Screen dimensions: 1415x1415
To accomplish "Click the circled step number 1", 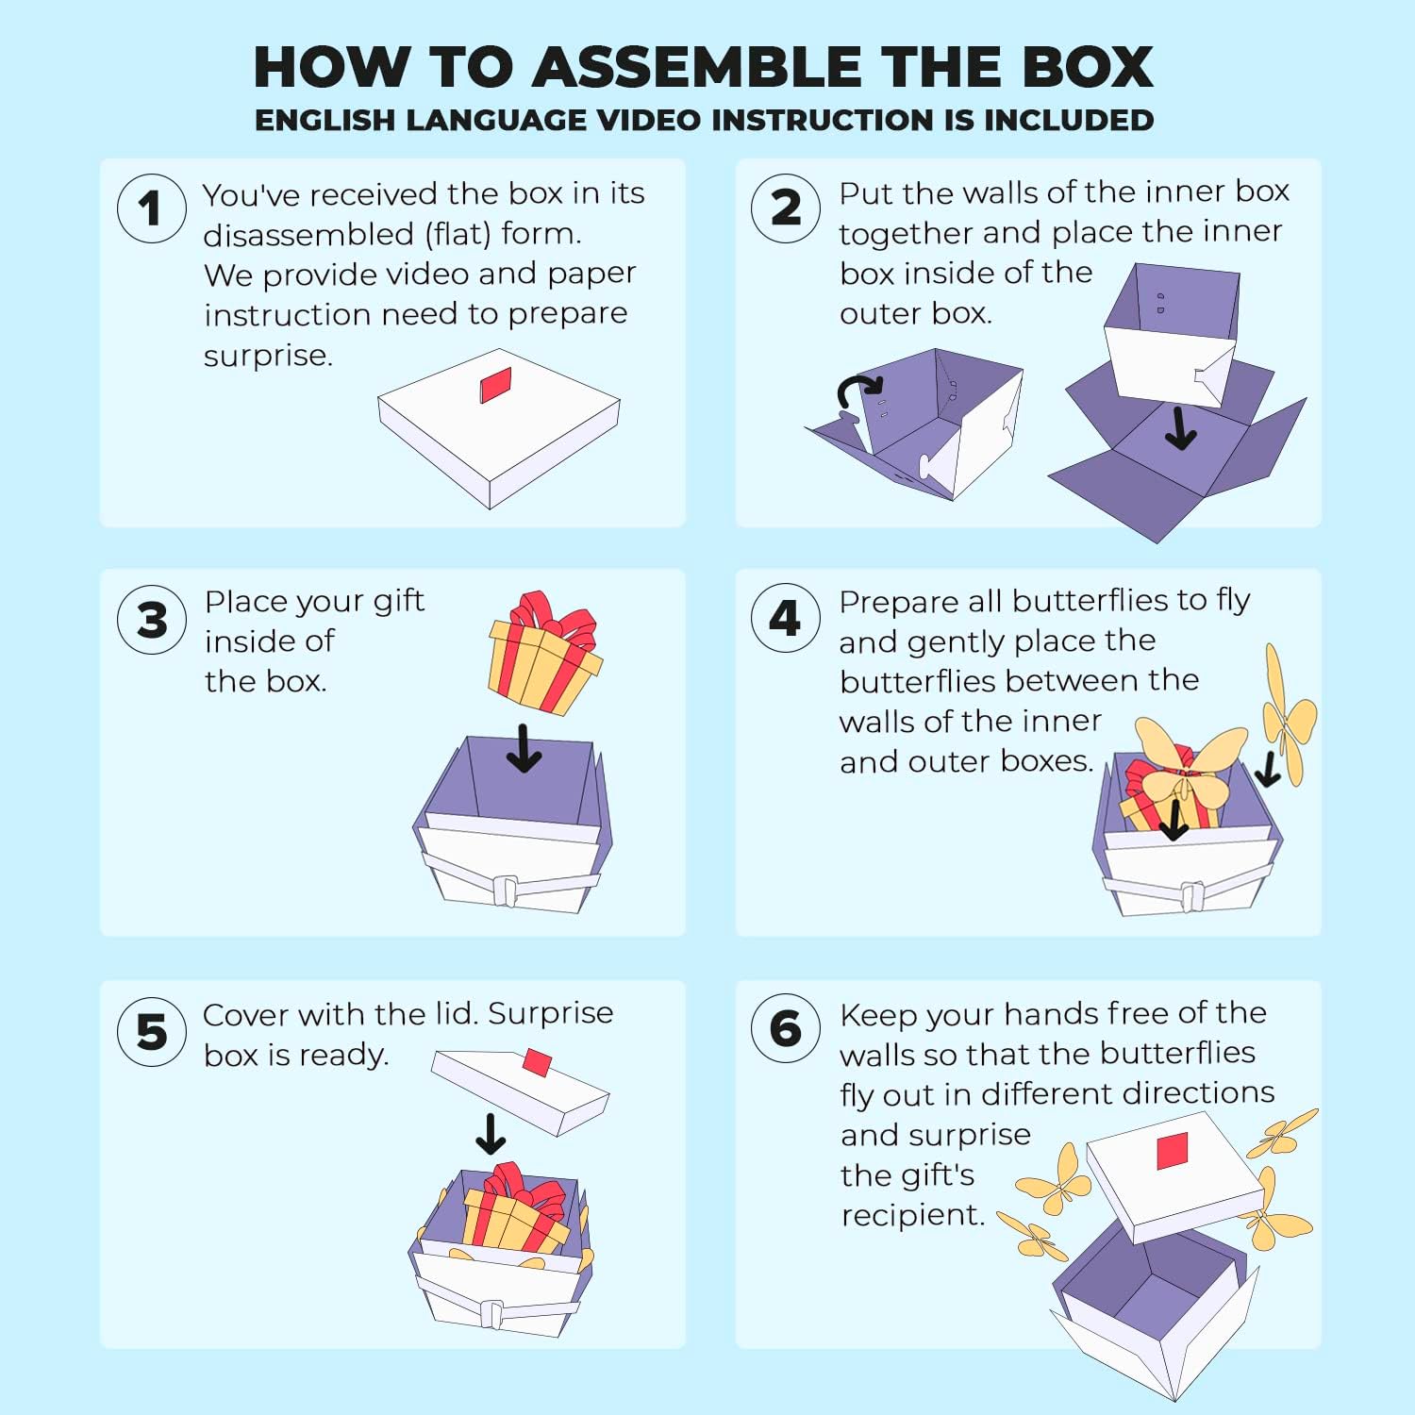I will tap(151, 208).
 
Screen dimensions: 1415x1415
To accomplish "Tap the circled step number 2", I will tap(786, 208).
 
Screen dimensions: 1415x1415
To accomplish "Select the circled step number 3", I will tap(151, 620).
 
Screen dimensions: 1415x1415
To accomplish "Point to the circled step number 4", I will tap(786, 619).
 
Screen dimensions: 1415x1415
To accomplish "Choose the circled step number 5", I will tap(151, 1032).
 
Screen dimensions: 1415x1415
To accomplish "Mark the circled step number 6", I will tap(786, 1028).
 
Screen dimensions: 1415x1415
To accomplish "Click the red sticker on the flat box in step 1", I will tap(495, 385).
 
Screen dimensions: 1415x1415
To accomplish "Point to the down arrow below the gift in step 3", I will tap(524, 748).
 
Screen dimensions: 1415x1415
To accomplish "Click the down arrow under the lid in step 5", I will tap(491, 1134).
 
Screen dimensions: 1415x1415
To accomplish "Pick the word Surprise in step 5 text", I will tap(550, 1013).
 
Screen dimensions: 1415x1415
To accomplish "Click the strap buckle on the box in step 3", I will tap(506, 891).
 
